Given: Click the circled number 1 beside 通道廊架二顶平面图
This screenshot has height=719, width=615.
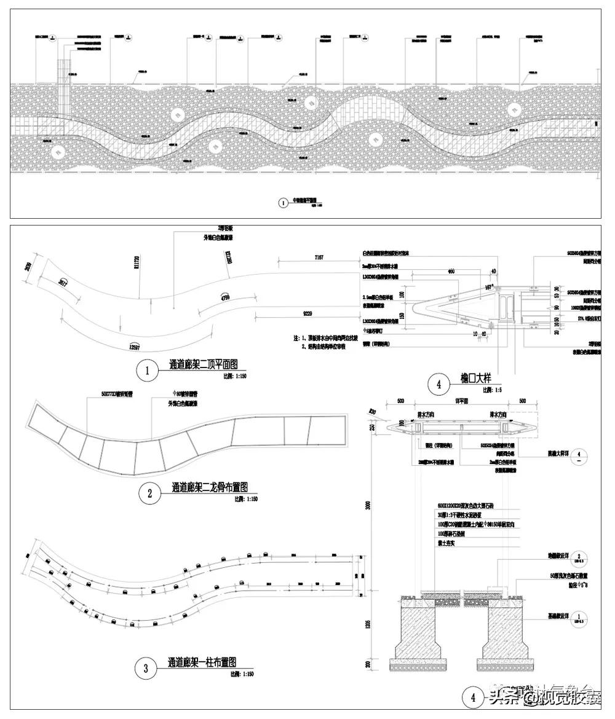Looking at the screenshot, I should click(146, 371).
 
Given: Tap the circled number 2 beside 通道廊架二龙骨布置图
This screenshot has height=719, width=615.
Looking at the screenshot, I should click(149, 493).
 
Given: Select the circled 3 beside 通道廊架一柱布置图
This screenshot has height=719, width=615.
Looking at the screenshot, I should click(146, 669).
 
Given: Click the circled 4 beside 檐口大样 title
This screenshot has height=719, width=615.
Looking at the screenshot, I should click(438, 385).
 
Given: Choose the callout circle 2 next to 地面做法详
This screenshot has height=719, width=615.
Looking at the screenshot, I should click(577, 558).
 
